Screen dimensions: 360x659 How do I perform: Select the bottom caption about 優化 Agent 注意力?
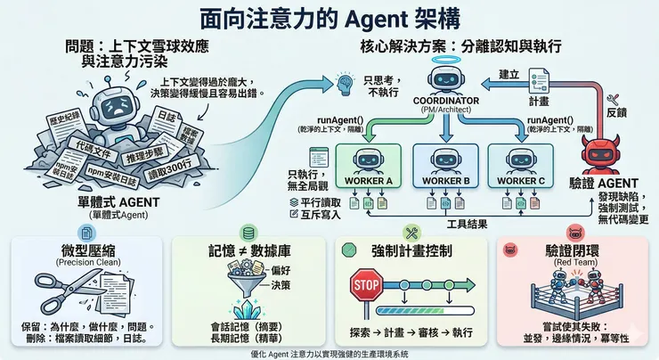pyautogui.click(x=329, y=353)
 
